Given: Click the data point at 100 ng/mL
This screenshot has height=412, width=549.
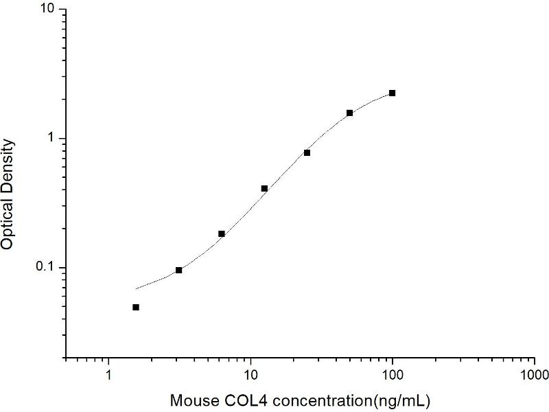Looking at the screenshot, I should tap(393, 93).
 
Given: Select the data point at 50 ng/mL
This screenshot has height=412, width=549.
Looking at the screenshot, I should tap(349, 113).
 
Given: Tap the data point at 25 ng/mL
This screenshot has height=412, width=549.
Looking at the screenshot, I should tap(307, 152).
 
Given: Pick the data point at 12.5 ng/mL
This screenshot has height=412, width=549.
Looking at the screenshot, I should tap(264, 188).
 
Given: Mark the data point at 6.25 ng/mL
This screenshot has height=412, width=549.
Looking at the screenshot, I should tap(222, 233).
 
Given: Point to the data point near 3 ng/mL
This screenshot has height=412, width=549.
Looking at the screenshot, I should tap(179, 270).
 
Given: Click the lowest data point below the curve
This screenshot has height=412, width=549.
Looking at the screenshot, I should tap(136, 307).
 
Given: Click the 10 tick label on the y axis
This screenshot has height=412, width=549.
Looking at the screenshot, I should tap(49, 10).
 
